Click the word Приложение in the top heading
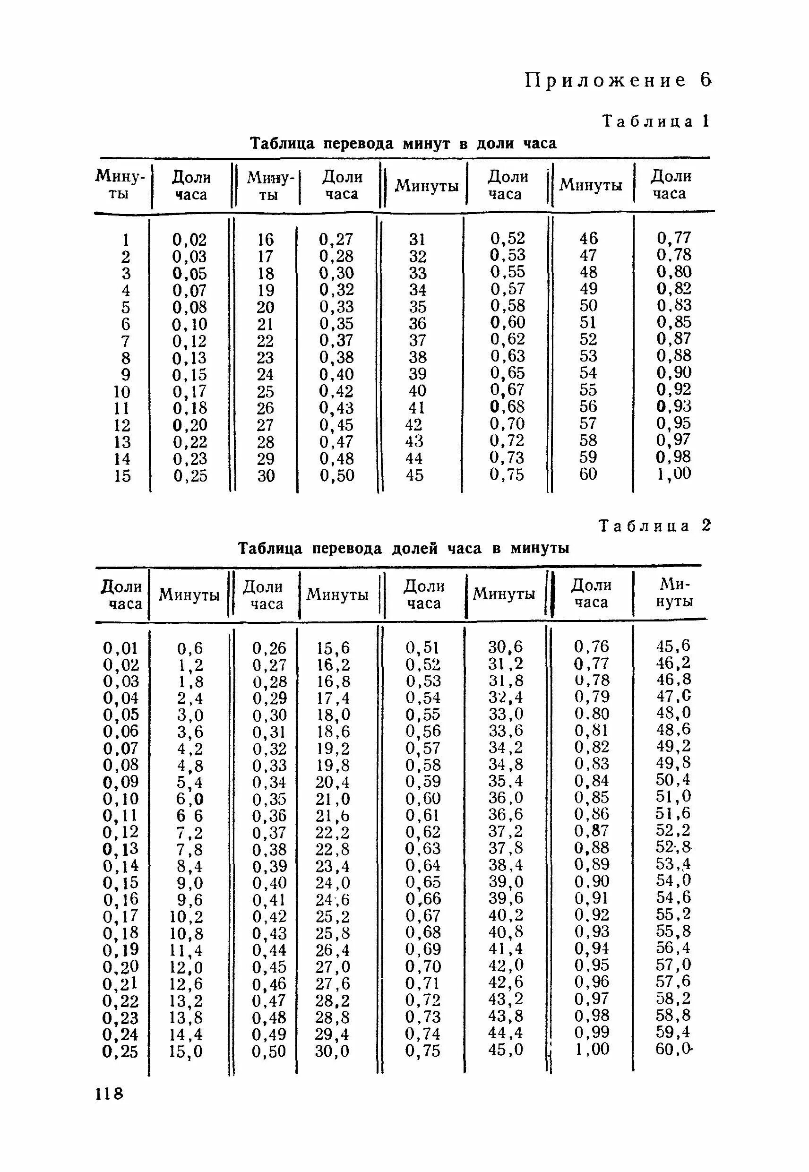606,81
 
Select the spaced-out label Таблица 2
655,526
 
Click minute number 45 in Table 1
414,475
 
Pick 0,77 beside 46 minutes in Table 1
674,238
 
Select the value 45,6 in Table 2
672,646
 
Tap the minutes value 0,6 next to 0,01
189,648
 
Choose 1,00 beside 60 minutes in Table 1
674,474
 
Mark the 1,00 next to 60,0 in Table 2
592,1049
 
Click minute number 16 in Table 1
265,239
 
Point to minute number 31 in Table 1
418,239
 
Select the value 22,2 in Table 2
332,832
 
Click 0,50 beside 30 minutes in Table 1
336,475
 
